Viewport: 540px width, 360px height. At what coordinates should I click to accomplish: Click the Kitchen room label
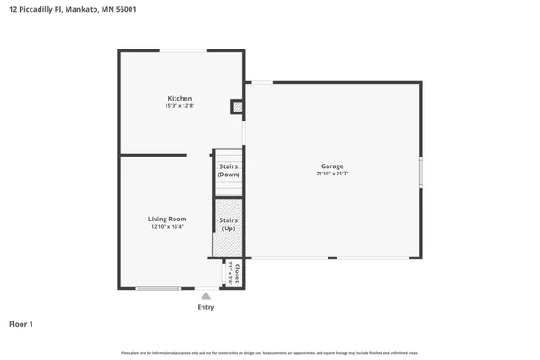180,98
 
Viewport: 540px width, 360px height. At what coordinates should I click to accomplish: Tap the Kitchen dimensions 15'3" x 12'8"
180,106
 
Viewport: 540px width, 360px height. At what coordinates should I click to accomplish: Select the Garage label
332,166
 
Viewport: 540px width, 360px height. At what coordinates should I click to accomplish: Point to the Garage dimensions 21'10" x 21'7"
332,175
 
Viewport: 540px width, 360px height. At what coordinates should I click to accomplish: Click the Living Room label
167,219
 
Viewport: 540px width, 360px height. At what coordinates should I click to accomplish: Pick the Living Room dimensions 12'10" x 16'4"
167,227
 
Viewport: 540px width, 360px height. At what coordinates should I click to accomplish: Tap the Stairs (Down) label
229,170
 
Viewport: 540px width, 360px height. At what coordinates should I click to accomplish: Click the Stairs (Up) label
229,224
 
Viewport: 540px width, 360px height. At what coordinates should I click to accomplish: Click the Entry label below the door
206,307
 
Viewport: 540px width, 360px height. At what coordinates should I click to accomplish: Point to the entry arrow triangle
206,295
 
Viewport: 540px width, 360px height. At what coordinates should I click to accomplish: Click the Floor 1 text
21,323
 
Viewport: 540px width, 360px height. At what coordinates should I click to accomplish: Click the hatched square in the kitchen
238,106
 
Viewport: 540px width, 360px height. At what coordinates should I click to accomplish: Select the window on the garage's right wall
420,172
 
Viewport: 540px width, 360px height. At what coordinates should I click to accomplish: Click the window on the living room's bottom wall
157,288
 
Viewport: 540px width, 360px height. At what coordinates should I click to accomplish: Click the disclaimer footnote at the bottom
270,351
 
